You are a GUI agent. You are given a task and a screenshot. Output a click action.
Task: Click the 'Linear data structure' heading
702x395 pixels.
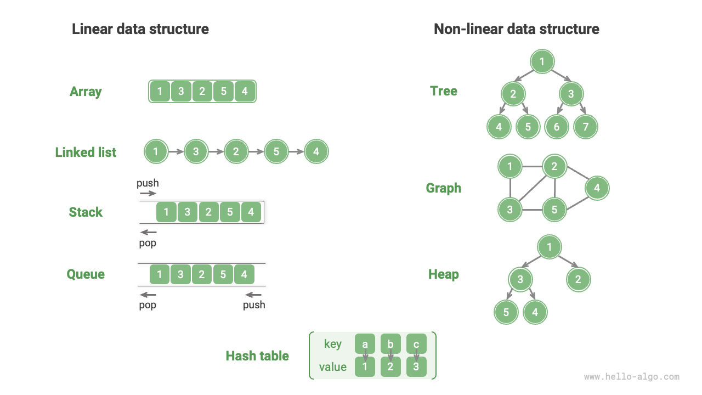click(x=140, y=29)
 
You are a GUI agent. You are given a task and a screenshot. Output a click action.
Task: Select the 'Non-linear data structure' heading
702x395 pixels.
click(x=516, y=29)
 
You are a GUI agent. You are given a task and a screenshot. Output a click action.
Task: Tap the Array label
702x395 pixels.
click(x=86, y=92)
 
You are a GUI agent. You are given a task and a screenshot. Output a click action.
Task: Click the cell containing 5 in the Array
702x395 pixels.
click(x=223, y=92)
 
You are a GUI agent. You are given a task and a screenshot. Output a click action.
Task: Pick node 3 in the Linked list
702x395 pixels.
click(x=196, y=152)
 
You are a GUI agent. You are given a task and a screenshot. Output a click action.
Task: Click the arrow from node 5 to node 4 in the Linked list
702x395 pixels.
click(x=296, y=152)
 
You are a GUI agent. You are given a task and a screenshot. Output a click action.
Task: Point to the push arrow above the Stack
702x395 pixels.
click(x=148, y=193)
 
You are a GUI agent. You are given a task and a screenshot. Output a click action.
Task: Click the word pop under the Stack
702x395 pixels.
click(x=148, y=243)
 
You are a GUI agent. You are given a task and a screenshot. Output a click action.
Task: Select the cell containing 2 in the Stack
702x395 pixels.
click(x=208, y=212)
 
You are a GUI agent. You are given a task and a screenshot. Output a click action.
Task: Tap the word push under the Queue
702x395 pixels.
click(x=254, y=305)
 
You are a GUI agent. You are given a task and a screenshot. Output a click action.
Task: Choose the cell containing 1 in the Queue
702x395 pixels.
click(x=160, y=274)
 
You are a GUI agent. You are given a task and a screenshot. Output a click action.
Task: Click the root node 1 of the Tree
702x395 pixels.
click(x=542, y=61)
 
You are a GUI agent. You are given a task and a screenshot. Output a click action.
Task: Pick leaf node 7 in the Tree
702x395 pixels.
click(x=585, y=127)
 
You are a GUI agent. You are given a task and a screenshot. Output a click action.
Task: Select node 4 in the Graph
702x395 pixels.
click(x=597, y=188)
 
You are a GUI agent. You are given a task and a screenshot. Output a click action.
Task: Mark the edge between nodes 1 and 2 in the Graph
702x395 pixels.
click(x=532, y=166)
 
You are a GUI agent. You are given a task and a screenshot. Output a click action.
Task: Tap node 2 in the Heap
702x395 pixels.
click(x=578, y=280)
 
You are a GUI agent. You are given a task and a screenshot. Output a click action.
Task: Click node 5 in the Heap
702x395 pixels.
click(x=506, y=312)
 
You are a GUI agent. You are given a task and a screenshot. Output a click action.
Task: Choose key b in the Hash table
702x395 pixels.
click(x=390, y=345)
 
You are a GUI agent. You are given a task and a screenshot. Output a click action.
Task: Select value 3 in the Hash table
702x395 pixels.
click(x=416, y=367)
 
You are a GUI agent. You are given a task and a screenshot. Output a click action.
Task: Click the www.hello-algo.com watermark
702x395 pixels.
click(x=631, y=377)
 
